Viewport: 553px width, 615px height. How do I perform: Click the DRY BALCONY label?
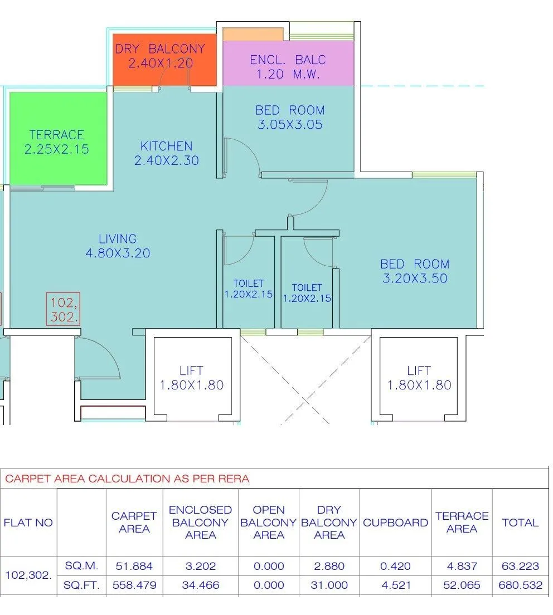(x=161, y=49)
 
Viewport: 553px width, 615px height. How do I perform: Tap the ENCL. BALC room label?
(x=288, y=60)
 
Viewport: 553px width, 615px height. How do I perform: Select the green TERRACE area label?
(x=56, y=135)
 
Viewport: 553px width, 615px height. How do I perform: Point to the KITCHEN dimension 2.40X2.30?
(x=166, y=161)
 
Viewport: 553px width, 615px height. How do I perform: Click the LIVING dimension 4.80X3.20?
(x=118, y=253)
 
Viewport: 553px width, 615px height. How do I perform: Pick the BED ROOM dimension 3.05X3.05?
(x=290, y=125)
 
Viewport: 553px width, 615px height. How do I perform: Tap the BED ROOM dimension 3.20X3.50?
(x=415, y=279)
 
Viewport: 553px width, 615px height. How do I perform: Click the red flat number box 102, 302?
(x=63, y=310)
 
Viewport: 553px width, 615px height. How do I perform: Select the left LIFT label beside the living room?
(x=191, y=370)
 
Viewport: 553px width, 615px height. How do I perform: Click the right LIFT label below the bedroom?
(x=419, y=370)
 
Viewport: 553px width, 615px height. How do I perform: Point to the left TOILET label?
(x=249, y=284)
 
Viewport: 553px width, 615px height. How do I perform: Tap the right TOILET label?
(x=307, y=287)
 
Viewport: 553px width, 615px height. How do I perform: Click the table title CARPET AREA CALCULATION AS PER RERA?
(x=127, y=479)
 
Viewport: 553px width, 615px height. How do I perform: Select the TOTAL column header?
(x=520, y=523)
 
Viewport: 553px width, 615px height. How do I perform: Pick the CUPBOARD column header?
(x=395, y=523)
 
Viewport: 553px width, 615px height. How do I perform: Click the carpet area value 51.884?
(x=134, y=566)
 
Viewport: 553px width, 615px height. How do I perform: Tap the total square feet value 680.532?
(x=520, y=585)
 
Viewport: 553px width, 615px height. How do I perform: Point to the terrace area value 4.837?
(x=462, y=566)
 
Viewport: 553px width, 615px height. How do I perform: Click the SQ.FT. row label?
(x=81, y=585)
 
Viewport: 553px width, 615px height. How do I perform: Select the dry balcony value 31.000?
(x=329, y=585)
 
